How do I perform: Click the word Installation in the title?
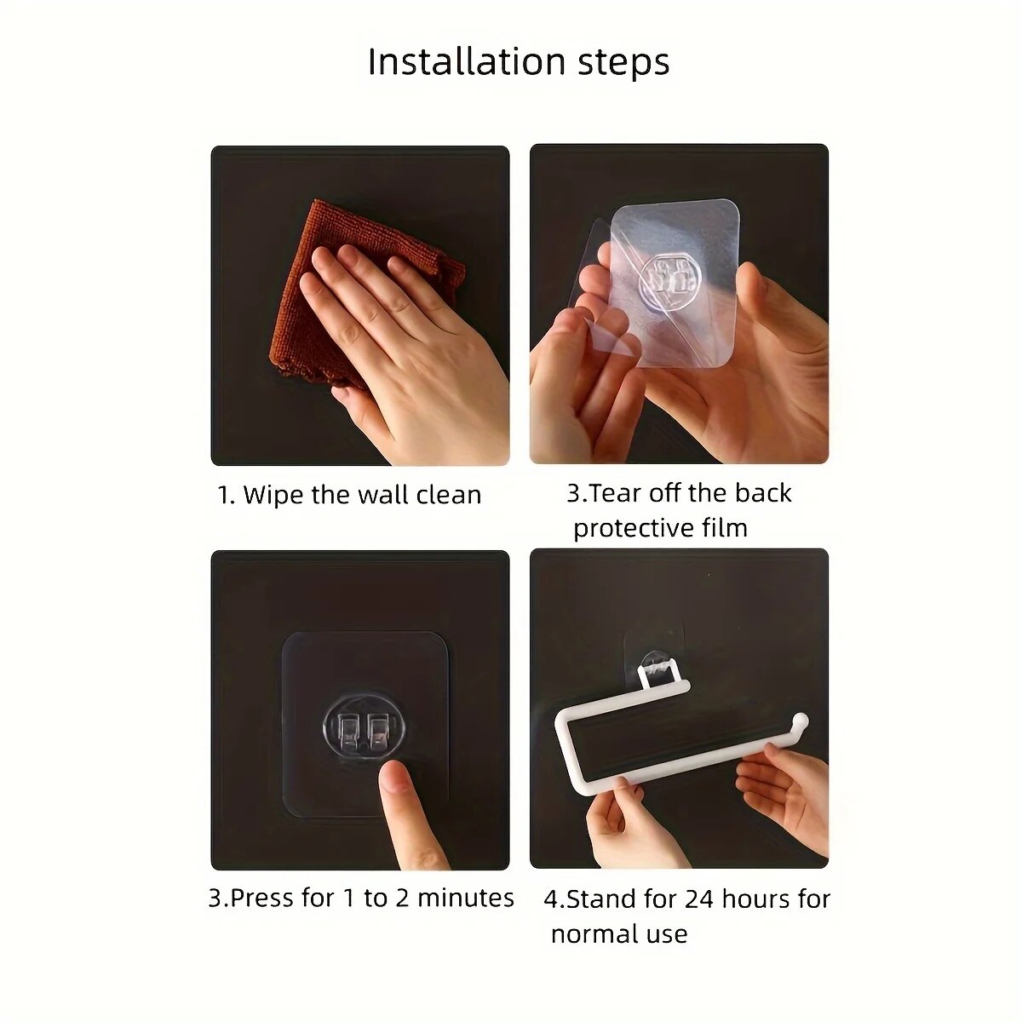[466, 62]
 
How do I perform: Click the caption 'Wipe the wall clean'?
[362, 495]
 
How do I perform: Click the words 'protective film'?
[660, 528]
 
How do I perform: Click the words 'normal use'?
[618, 933]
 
